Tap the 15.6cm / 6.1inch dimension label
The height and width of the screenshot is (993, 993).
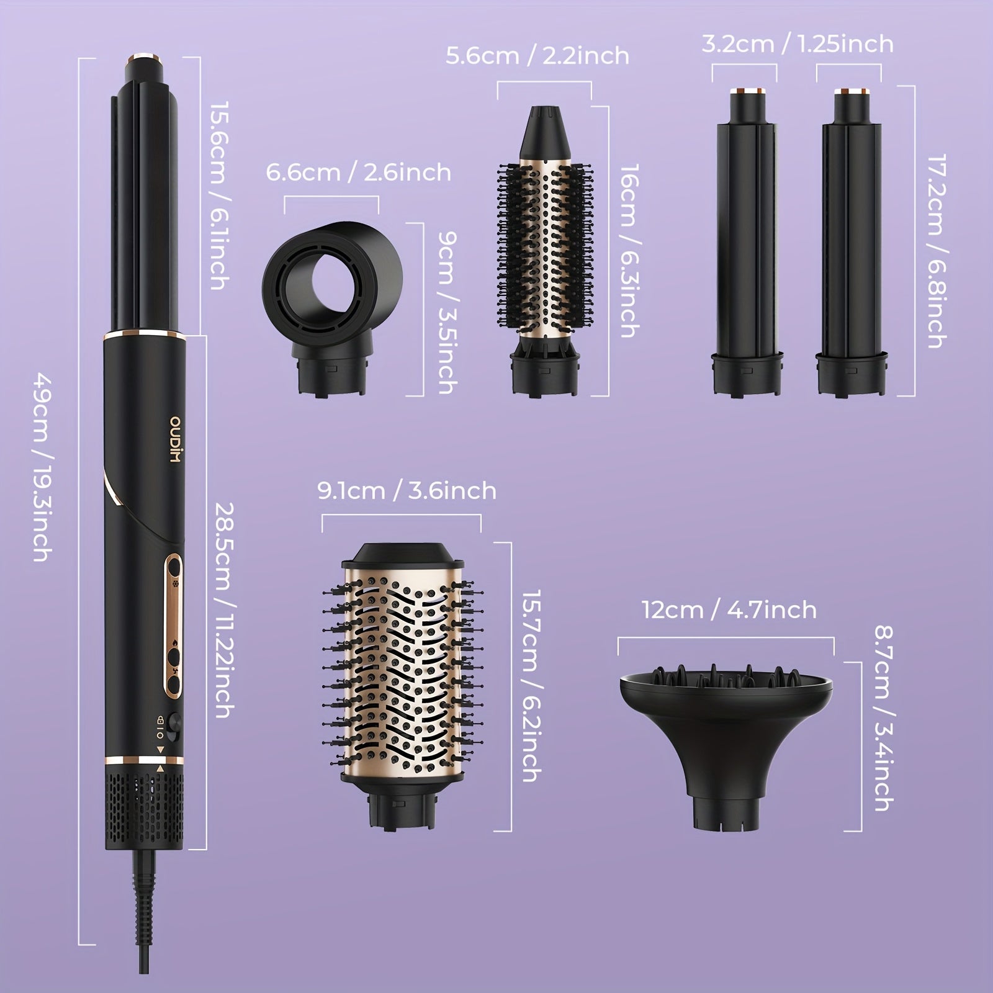point(219,195)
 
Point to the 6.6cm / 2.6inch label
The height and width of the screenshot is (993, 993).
point(358,172)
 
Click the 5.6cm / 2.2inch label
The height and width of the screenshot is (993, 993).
point(537,56)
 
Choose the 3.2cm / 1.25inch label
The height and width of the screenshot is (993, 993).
point(798,44)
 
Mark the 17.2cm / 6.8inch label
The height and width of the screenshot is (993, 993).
point(935,251)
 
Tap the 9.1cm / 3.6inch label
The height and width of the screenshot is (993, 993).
point(407,491)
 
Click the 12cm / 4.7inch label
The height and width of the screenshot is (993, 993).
point(729,610)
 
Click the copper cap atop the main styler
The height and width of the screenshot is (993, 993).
point(146,61)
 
